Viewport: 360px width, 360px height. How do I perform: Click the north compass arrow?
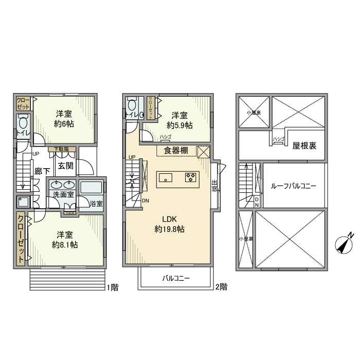tap(344, 243)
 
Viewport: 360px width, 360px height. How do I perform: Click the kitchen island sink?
tap(166, 178)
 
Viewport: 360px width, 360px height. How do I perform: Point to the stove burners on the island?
tap(190, 178)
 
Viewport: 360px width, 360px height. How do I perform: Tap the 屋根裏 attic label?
tap(304, 146)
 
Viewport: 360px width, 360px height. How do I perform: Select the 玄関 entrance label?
tap(65, 166)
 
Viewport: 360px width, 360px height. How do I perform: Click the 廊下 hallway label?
tap(42, 172)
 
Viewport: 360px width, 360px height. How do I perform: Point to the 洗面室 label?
tap(62, 195)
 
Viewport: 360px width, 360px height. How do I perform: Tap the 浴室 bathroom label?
tap(96, 204)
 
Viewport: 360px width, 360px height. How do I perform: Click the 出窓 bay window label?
tap(214, 185)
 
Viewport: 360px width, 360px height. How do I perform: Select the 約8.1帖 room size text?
tap(65, 245)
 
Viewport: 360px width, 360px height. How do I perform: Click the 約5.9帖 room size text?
tap(179, 125)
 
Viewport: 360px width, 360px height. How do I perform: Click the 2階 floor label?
tap(221, 287)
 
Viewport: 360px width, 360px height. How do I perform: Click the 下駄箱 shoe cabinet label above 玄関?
tap(64, 150)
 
